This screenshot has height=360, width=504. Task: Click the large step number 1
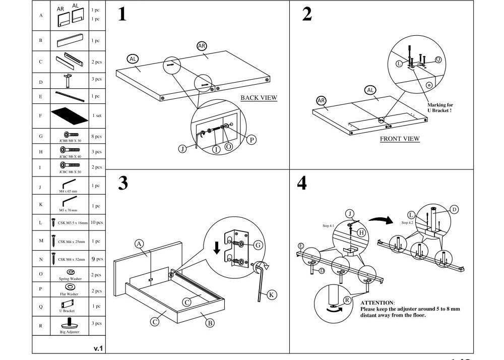tap(121, 15)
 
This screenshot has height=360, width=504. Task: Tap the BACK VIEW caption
tap(259, 97)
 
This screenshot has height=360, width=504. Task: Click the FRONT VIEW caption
tap(400, 139)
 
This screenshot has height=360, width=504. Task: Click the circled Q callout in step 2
tap(438, 59)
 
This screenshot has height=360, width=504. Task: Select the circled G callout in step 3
tap(258, 245)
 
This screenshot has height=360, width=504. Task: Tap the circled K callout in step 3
tap(272, 295)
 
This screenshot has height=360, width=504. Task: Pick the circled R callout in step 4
tap(347, 300)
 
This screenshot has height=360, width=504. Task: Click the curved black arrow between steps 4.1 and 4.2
tap(381, 220)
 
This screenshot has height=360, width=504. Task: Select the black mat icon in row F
tap(70, 115)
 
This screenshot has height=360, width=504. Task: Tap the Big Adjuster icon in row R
tap(69, 324)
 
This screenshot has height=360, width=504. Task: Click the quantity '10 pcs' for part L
tap(96, 222)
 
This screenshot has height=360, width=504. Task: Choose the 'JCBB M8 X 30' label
tap(70, 141)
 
